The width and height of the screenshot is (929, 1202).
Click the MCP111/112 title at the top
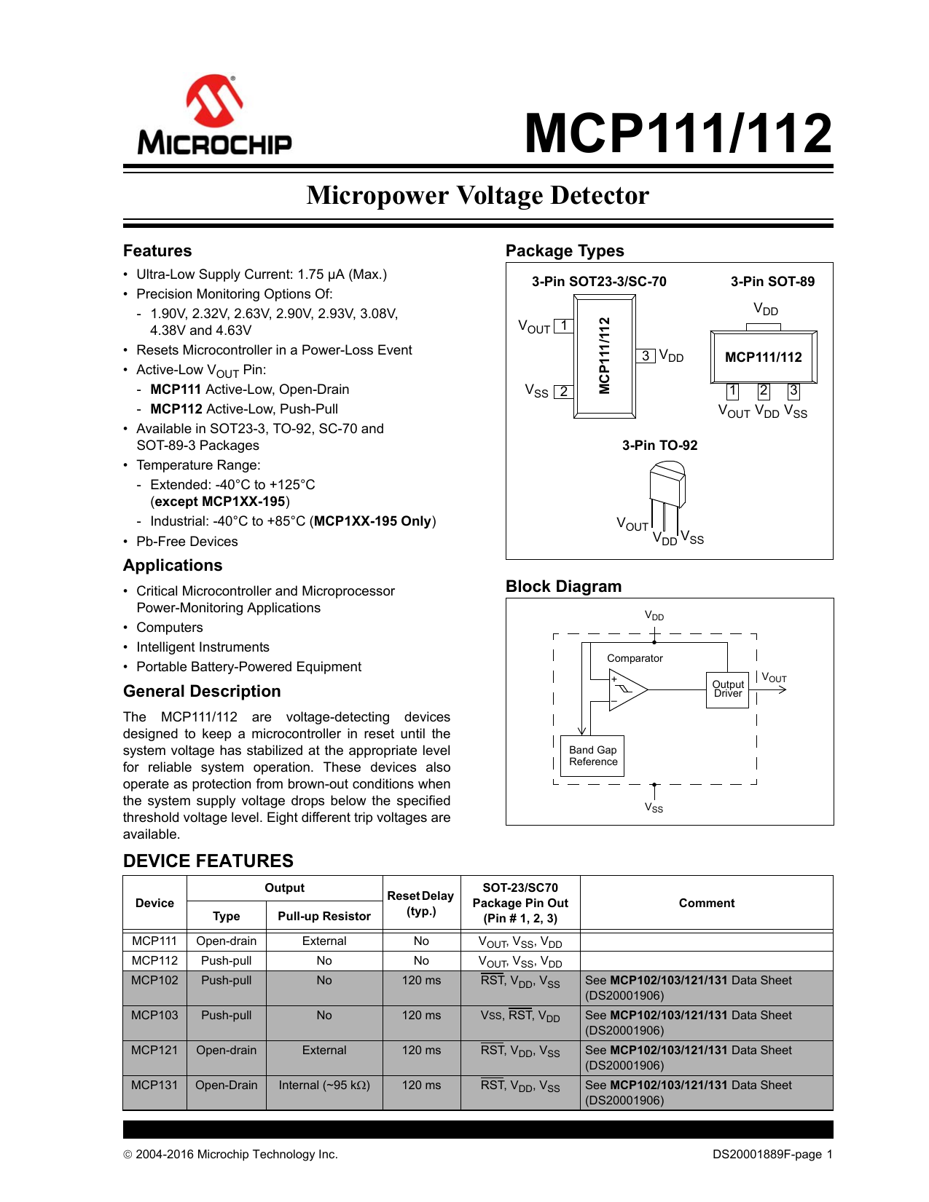pos(678,134)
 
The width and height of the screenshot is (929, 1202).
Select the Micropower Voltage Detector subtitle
pos(477,195)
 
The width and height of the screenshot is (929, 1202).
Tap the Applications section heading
pos(173,566)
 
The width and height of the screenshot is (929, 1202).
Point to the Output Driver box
pos(728,689)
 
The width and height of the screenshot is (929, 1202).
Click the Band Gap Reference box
pos(593,756)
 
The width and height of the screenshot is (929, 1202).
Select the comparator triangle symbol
pos(627,689)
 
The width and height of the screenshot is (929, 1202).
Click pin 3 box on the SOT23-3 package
pos(646,355)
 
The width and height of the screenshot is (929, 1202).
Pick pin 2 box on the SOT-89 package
pos(764,391)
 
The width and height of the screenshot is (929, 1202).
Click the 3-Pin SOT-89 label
pos(772,282)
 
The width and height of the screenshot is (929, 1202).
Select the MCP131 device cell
pos(154,1085)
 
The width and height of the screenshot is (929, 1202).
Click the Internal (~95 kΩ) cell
pos(324,1085)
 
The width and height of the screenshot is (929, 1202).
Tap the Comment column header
pos(706,903)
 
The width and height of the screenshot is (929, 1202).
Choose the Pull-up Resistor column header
pos(324,916)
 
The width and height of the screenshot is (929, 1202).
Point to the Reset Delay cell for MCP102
pos(421,980)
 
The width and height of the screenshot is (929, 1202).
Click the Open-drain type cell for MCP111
pos(226,941)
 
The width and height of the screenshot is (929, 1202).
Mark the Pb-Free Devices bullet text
pos(187,542)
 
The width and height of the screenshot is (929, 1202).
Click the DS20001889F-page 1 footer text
pos(772,1154)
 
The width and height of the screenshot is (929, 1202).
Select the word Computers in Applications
pos(170,628)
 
